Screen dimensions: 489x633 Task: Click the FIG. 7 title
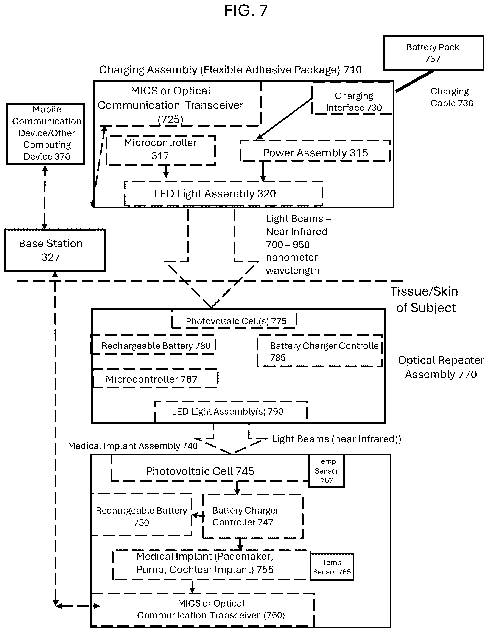246,11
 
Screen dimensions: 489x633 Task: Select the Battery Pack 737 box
434,53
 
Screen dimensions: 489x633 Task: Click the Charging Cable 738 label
452,97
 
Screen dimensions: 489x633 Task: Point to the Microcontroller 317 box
161,150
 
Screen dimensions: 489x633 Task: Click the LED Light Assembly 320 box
223,193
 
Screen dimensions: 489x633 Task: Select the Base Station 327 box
55,250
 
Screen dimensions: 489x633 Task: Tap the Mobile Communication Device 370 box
45,134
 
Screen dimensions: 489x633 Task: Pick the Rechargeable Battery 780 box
153,345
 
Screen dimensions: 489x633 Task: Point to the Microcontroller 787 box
156,378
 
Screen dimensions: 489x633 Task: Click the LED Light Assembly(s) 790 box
231,412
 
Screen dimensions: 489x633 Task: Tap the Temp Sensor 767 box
326,471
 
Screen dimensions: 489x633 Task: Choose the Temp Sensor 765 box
332,567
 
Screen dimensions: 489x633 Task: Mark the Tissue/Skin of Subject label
425,299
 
